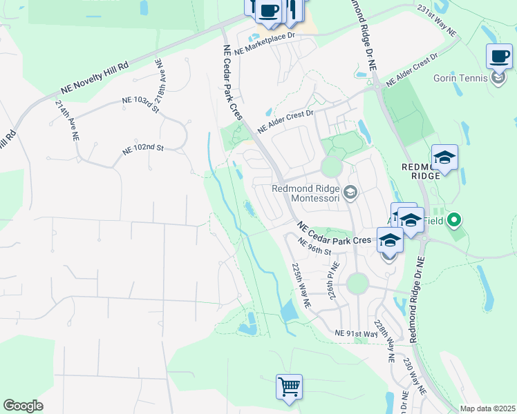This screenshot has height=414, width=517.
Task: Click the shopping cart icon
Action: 289,386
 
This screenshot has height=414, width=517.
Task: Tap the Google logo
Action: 23,406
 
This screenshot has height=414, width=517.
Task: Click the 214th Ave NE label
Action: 66,121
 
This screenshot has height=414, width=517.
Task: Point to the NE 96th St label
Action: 314,246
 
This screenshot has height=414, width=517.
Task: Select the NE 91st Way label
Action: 355,333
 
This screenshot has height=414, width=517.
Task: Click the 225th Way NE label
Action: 302,285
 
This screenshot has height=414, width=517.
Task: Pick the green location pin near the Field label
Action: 453,221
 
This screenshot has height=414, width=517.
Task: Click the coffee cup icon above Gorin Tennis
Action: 499,56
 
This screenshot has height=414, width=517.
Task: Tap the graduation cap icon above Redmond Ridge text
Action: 444,157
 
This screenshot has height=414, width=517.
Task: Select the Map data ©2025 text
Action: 487,408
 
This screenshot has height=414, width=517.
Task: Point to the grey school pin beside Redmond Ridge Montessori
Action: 350,193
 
